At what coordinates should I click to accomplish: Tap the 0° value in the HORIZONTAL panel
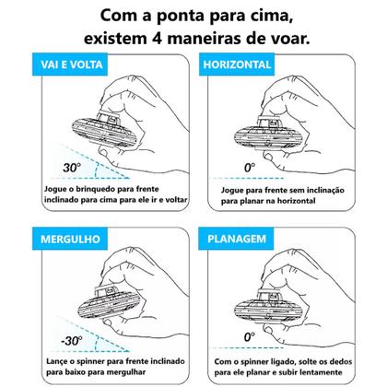tap(246, 168)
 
